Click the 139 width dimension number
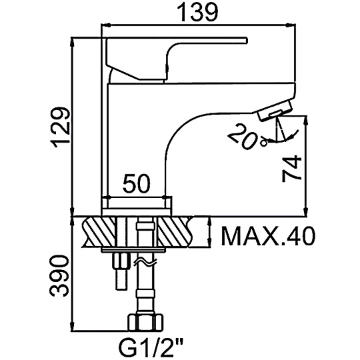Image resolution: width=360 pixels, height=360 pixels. point(197,13)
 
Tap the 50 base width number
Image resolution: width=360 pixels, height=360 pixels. point(137,183)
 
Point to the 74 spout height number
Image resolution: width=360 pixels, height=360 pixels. point(291,169)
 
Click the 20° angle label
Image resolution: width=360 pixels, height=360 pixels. point(248,137)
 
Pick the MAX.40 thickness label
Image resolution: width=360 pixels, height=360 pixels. point(268,236)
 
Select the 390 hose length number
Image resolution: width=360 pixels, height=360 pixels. point(59,276)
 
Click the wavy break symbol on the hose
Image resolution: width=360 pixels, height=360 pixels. point(145,263)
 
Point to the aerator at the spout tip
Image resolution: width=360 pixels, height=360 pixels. point(275,111)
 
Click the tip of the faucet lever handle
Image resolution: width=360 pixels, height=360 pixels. point(247,40)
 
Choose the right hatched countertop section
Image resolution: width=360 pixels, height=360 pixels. point(175,231)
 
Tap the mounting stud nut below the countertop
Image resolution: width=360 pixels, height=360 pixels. point(119,260)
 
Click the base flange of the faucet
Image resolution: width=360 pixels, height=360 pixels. point(137,212)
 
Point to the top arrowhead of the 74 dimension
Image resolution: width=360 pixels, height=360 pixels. point(305,121)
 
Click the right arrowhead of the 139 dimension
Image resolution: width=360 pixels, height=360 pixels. point(291,25)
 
